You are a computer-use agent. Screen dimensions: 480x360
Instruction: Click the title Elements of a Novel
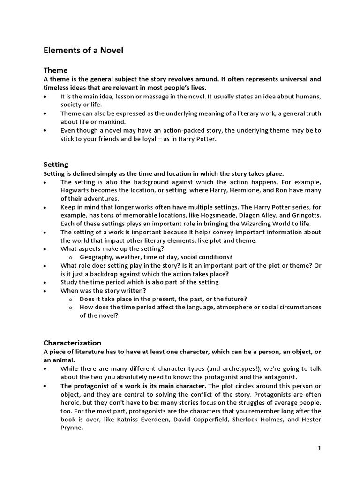pos(83,50)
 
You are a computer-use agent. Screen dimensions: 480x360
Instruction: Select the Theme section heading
pos(55,70)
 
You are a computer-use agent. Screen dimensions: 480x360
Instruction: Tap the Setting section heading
pos(56,165)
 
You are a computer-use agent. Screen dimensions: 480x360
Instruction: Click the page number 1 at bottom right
pos(319,448)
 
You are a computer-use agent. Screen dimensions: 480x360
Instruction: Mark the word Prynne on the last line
pos(71,427)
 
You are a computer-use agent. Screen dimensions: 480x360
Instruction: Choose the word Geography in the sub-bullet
pos(96,257)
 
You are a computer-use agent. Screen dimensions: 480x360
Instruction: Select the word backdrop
pos(112,274)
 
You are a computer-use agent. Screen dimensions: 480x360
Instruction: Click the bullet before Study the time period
pos(45,282)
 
